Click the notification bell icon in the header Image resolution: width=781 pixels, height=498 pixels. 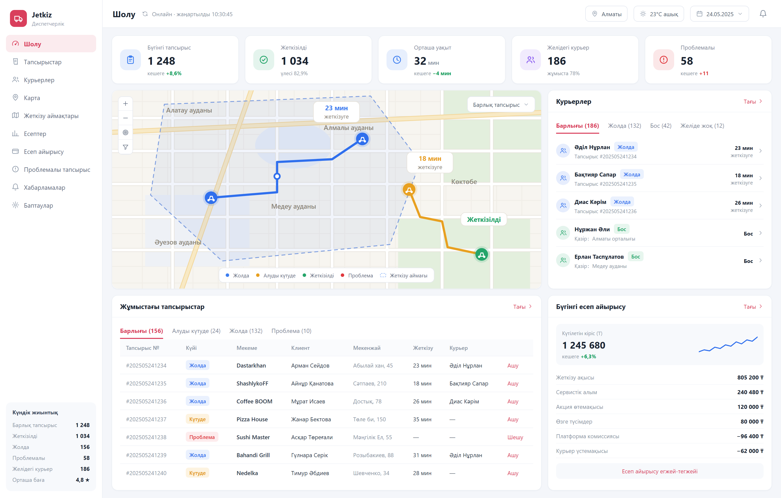point(763,14)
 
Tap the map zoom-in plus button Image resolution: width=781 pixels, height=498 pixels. point(126,104)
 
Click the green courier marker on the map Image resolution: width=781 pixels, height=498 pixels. point(482,254)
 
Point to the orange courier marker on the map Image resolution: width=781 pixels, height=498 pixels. point(409,190)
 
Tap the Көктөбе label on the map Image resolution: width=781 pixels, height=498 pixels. point(464,182)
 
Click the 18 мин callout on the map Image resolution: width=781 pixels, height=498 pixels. point(430,162)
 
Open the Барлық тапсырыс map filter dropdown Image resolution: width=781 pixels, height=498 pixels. point(500,105)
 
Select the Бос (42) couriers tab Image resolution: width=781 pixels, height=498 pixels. point(660,125)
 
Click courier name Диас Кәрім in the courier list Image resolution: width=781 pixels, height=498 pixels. point(590,202)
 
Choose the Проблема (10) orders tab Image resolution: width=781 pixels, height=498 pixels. point(291,331)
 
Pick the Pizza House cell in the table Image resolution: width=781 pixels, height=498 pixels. point(252,419)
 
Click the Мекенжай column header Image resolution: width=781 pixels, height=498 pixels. point(367,348)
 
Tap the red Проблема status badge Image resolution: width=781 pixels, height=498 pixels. point(202,437)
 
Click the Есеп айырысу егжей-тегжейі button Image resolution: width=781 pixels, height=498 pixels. point(659,471)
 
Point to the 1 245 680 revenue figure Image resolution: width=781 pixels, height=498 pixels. point(584,345)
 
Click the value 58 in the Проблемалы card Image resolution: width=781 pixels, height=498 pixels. point(687,61)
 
